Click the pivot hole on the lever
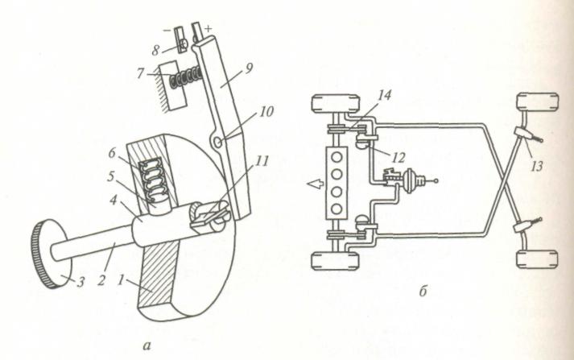click(217, 143)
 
